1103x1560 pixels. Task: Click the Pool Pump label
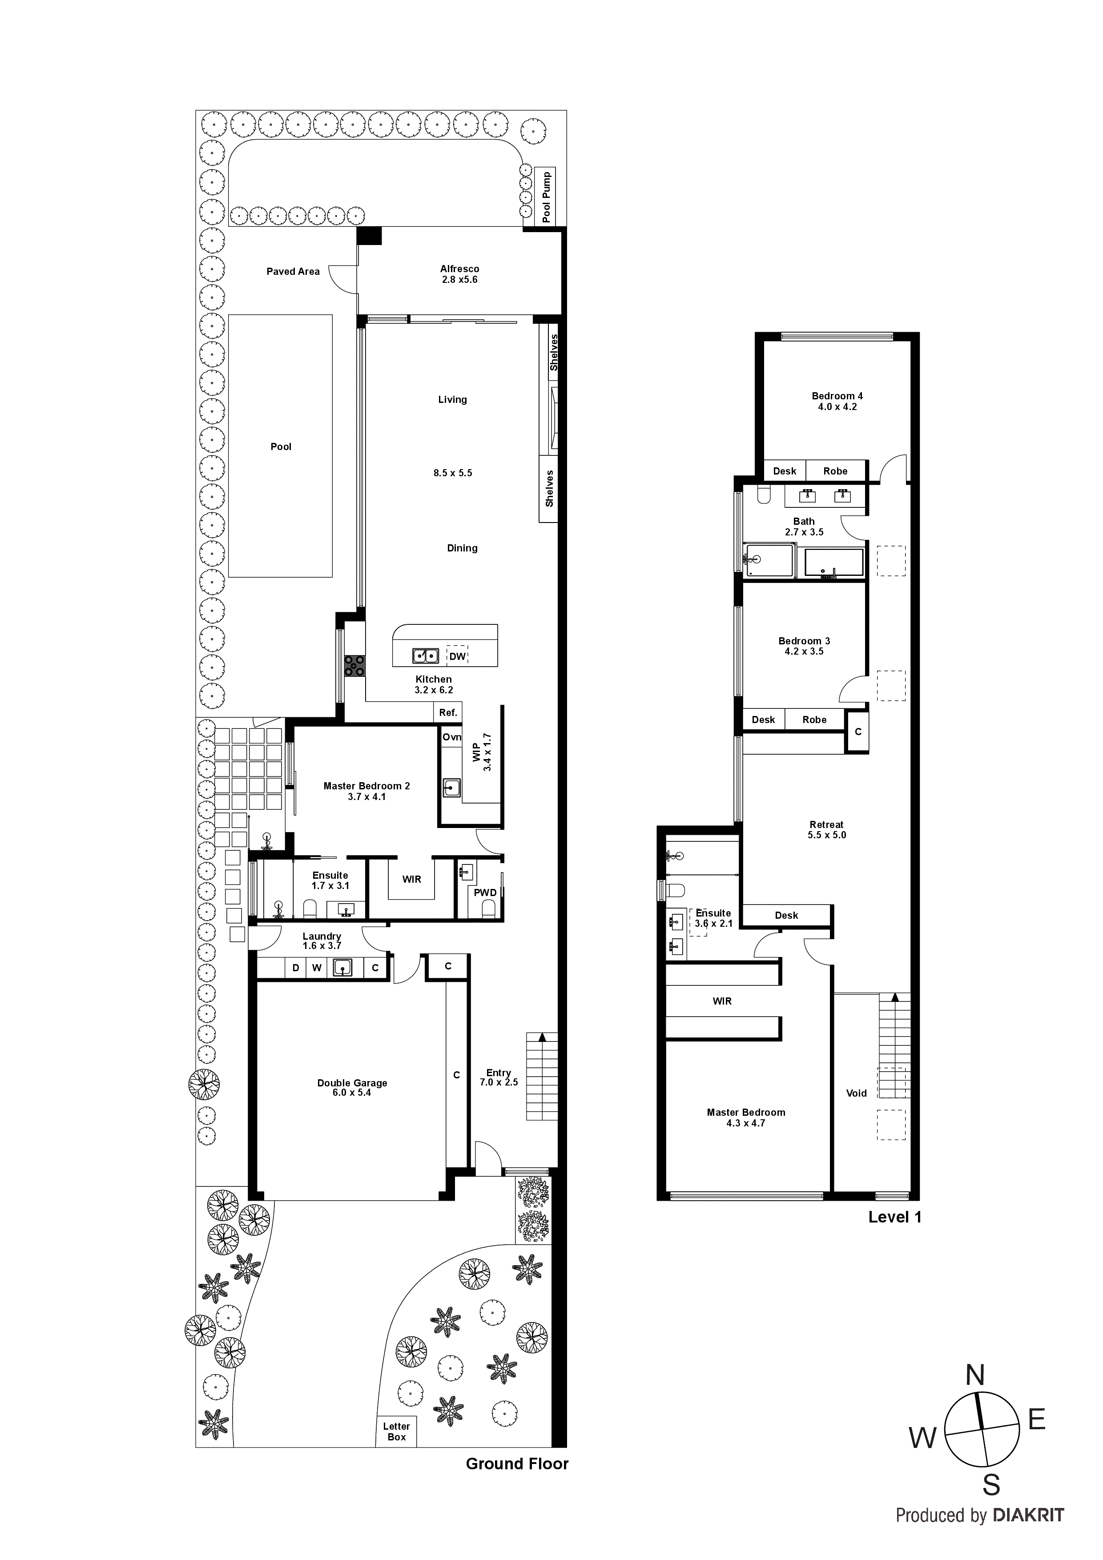[x=547, y=197]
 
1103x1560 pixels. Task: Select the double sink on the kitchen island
[x=426, y=655]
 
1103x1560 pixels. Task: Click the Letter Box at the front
[x=396, y=1431]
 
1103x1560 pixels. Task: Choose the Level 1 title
[x=894, y=1217]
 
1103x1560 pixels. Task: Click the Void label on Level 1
[x=856, y=1093]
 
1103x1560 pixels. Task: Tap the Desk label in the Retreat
[x=786, y=915]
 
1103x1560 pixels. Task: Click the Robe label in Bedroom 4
[x=835, y=471]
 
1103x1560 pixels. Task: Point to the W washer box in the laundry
[x=317, y=968]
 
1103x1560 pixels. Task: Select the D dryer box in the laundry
[x=296, y=968]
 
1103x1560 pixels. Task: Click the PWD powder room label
[x=485, y=892]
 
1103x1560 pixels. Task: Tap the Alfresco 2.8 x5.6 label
[x=459, y=274]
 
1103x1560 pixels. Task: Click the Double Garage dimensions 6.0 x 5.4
[x=352, y=1093]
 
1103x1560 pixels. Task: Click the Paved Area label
[x=293, y=271]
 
